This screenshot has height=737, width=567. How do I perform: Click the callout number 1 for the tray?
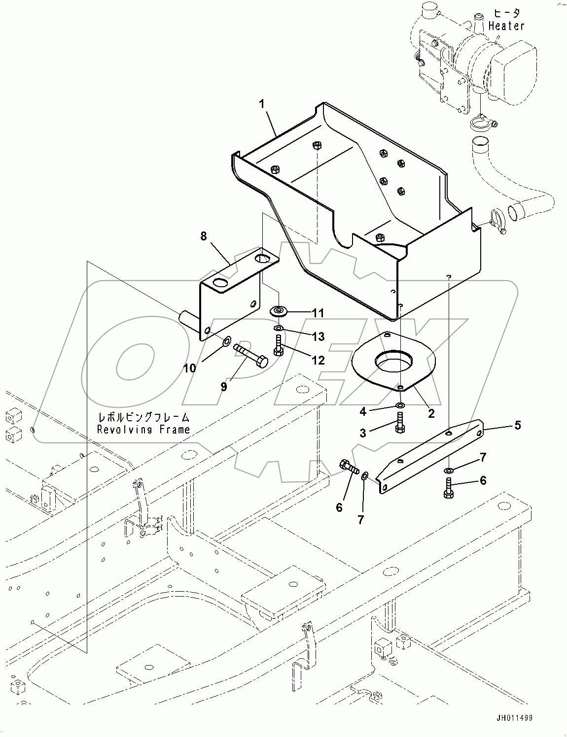tap(262, 104)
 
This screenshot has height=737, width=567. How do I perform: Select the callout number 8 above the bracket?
tap(204, 236)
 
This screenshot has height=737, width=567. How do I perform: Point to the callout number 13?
tap(318, 336)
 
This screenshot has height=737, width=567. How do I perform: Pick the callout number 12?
tap(318, 360)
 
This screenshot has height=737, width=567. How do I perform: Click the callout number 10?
tap(190, 368)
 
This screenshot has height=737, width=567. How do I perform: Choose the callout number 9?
tap(223, 387)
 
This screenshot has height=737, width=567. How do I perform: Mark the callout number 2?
tap(431, 414)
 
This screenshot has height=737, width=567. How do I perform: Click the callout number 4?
tap(362, 410)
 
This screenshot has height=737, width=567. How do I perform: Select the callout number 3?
tap(362, 433)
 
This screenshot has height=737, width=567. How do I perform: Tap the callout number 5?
tap(517, 425)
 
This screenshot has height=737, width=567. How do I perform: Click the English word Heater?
tap(506, 26)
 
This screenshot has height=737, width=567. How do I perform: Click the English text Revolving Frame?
tap(143, 429)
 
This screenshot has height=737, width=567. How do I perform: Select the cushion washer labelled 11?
tap(280, 311)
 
